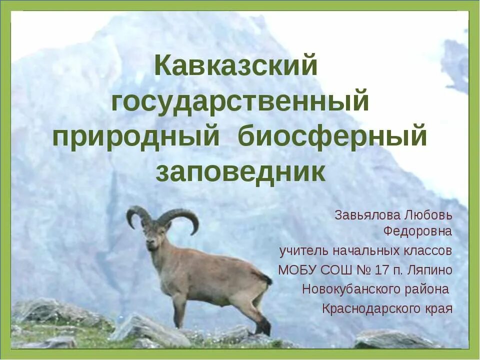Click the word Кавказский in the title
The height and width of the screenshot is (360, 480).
(235, 66)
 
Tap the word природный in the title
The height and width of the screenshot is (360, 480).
(136, 137)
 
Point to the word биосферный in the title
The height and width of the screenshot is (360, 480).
(332, 137)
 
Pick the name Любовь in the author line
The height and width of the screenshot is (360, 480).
(428, 215)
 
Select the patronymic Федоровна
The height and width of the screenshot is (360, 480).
(417, 231)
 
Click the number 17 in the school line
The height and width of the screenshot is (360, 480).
(381, 270)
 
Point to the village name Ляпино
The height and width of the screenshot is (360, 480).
(431, 270)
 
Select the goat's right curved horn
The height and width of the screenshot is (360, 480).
(182, 217)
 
